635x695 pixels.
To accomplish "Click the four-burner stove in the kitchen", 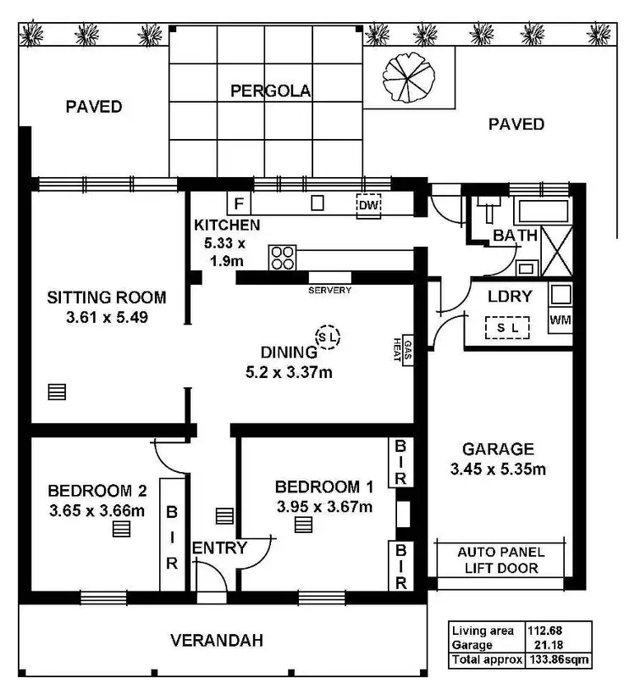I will (x=282, y=257).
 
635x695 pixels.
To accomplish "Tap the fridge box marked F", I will (x=239, y=204).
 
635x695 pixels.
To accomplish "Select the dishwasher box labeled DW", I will (x=368, y=206).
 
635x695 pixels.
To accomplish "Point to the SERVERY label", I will (x=329, y=290).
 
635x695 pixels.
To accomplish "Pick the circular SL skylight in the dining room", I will (x=328, y=337).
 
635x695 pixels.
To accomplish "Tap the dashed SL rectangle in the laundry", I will (x=507, y=327).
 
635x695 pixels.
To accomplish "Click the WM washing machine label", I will (x=560, y=320).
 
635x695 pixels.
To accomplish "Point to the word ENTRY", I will (x=219, y=548).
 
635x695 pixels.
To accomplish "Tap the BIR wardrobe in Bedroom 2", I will (x=172, y=537).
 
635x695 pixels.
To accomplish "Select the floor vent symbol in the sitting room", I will (x=57, y=392).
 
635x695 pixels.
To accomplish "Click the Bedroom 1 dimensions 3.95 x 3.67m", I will (x=324, y=506).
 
